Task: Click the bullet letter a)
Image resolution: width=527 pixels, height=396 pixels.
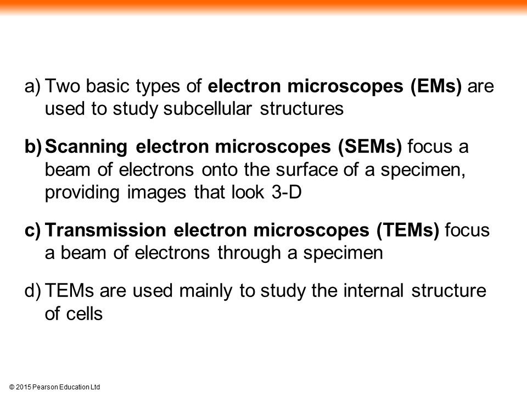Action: [x=32, y=86]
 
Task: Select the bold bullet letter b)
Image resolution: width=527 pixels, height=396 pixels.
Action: [x=33, y=147]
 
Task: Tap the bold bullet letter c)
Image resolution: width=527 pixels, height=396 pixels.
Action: [x=32, y=230]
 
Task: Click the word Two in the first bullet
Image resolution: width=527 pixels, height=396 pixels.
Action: [x=63, y=86]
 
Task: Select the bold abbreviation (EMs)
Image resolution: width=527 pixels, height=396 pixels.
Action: [x=436, y=86]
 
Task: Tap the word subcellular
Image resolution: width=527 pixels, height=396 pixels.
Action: [x=208, y=109]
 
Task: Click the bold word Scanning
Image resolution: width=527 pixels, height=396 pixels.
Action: [x=86, y=147]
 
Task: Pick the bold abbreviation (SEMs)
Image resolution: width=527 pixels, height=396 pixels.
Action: [x=369, y=147]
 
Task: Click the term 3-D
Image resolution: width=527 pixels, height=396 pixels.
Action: [x=287, y=193]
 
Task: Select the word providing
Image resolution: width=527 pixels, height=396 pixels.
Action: [x=82, y=193]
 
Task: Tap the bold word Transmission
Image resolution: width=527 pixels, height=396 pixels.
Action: [x=105, y=230]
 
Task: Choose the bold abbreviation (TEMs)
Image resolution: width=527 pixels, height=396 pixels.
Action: [x=408, y=230]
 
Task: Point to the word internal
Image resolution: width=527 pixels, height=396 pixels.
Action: [x=373, y=290]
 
